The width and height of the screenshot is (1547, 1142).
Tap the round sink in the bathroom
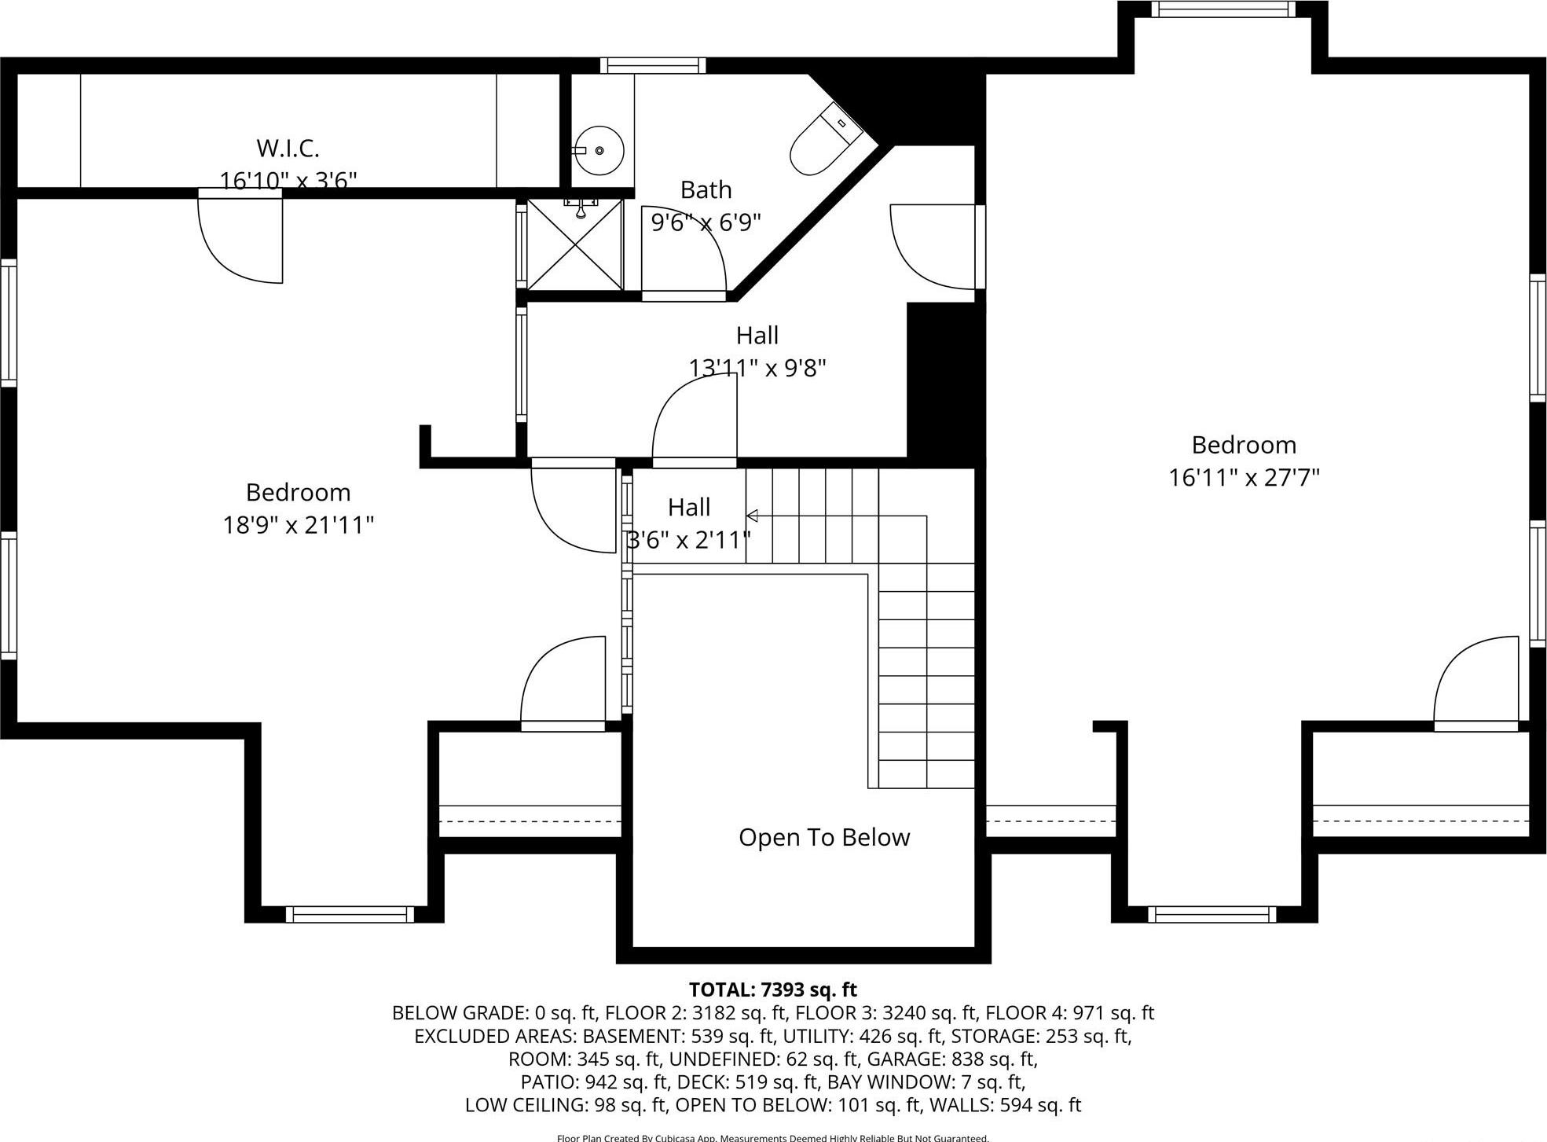pos(598,150)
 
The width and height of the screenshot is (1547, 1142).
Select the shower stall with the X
pos(574,244)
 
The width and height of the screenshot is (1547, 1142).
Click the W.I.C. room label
pos(288,148)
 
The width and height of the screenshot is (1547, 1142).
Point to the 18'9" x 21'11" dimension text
pos(298,525)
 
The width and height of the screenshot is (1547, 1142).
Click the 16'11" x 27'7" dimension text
pos(1243,478)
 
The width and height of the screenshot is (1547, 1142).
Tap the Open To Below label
pos(823,837)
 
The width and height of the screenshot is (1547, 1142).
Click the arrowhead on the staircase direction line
pos(752,516)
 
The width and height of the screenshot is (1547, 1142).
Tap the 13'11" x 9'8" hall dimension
pos(757,368)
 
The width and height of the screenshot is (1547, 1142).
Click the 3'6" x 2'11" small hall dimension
pos(688,540)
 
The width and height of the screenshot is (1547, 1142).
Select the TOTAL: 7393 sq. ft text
pos(772,990)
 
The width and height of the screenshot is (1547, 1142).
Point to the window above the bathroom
pos(653,65)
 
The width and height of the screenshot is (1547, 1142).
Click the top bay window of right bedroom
pos(1222,9)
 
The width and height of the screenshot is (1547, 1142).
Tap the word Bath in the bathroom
pos(706,190)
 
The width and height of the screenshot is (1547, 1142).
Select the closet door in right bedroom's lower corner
pos(1475,684)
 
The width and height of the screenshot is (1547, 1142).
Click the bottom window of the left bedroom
pos(350,914)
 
